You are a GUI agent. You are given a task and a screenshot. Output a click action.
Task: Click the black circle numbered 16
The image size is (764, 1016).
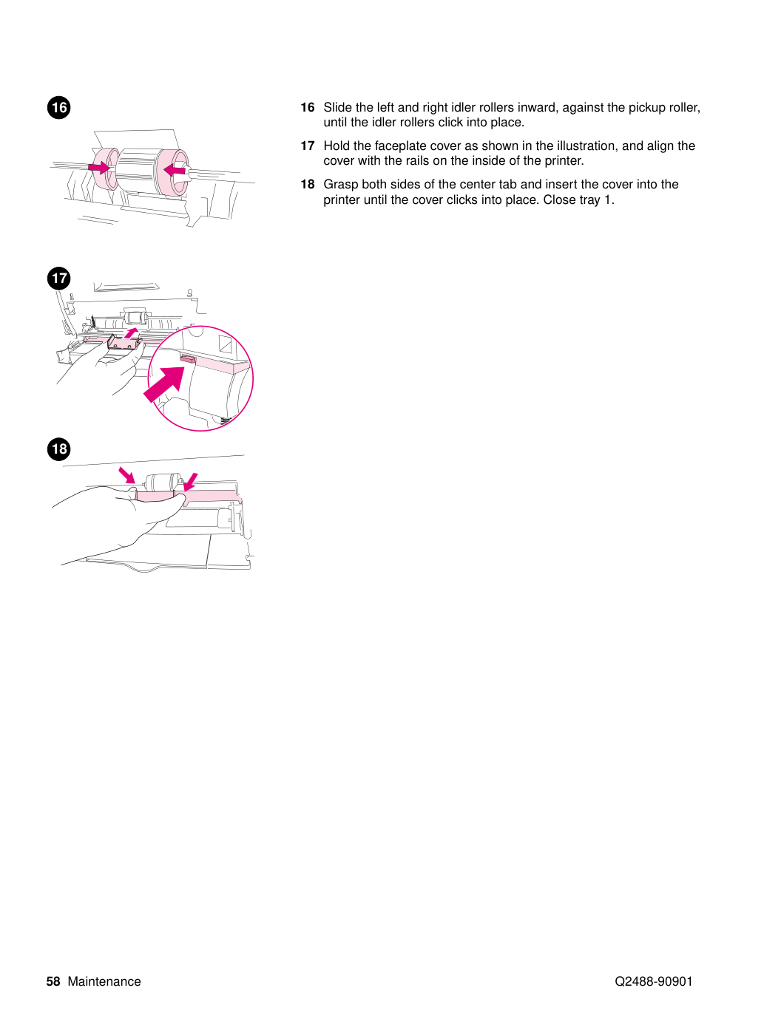pos(59,107)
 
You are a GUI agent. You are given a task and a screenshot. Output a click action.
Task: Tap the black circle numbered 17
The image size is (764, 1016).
pos(59,278)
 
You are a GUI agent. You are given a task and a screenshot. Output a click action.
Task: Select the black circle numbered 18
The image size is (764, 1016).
pos(59,449)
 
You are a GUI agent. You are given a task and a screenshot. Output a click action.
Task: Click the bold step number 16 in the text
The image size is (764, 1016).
pos(307,107)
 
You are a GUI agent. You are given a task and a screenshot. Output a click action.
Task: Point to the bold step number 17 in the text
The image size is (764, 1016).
pos(307,146)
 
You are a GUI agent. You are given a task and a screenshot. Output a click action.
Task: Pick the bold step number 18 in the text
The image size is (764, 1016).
pos(307,184)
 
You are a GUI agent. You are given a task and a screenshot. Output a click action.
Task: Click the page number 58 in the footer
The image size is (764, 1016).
pos(53,982)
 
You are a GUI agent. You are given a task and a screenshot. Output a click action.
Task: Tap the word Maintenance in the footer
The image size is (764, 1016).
pos(104,982)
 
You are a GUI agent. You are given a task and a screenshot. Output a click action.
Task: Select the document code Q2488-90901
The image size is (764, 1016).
pos(653,982)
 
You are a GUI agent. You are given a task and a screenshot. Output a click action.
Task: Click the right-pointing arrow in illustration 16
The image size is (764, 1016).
pos(98,167)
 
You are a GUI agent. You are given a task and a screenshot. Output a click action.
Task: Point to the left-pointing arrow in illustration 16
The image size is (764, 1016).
pos(175,169)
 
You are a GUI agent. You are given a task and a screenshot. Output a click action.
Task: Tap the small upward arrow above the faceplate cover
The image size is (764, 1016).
pos(131,333)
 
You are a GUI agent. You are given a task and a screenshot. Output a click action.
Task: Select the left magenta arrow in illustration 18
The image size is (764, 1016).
pos(126,475)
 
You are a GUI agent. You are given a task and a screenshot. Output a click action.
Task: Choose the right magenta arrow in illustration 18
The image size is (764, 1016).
pos(190,482)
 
